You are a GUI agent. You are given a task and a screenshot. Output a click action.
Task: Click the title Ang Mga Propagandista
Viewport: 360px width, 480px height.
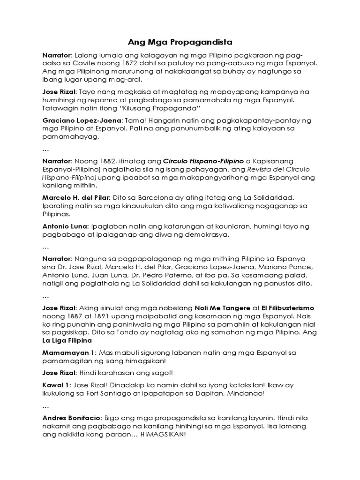[x=180, y=42]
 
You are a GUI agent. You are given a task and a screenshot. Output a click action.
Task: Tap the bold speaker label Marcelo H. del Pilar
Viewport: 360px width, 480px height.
[x=76, y=198]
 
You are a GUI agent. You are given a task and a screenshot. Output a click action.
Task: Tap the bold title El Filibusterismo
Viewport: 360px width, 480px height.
[x=285, y=308]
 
